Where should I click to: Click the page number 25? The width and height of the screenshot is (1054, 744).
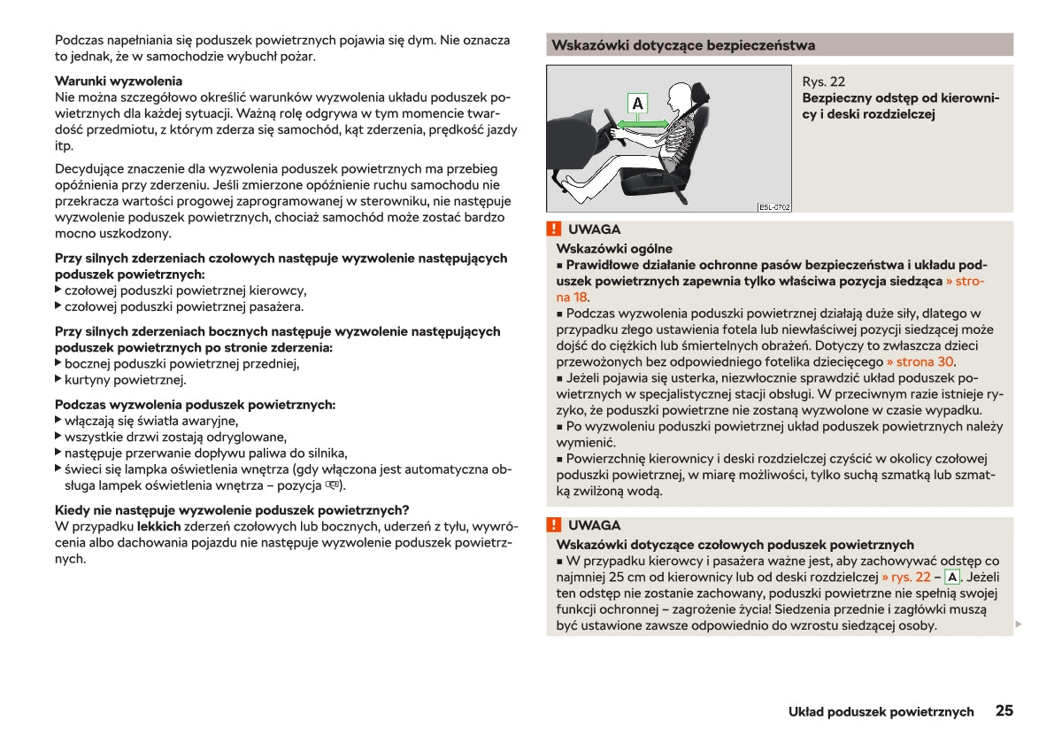(1004, 710)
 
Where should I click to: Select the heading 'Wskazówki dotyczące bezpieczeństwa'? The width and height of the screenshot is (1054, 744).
(682, 45)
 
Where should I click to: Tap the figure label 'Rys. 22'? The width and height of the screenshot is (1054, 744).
(823, 81)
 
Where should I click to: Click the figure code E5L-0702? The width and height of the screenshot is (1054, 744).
(774, 207)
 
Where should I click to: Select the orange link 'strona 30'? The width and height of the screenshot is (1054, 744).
(919, 361)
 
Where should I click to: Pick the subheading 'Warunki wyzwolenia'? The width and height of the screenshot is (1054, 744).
(119, 81)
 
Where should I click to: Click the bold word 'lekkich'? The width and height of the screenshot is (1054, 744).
(158, 526)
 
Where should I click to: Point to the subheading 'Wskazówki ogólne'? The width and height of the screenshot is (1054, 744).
(614, 249)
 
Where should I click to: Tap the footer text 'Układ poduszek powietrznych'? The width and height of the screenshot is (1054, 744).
(881, 711)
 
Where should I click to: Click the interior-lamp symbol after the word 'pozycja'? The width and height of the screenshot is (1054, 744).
(332, 485)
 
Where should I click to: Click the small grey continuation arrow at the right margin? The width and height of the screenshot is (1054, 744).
(1018, 624)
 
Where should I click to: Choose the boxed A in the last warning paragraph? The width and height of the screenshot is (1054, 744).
(952, 577)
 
